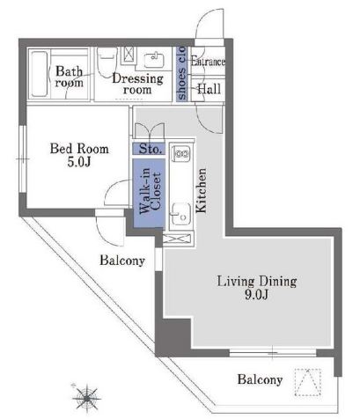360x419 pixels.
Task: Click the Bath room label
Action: (70, 77)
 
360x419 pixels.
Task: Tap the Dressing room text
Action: (137, 84)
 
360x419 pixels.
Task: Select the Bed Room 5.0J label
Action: (79, 155)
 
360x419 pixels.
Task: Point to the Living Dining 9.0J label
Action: (257, 288)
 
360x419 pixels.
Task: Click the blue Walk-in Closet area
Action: (149, 193)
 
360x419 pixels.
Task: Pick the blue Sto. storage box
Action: (149, 149)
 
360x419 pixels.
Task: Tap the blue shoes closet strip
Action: (182, 74)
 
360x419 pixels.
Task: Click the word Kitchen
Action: (202, 190)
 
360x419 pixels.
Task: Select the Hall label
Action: (209, 89)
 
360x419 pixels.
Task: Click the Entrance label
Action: (208, 62)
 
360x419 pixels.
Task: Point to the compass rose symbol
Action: (86, 398)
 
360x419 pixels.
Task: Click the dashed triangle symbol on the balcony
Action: (307, 382)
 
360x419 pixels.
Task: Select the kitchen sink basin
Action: (181, 214)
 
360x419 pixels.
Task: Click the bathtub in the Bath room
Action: (40, 74)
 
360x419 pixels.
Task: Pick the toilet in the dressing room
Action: (107, 61)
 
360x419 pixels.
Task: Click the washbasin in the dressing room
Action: (154, 60)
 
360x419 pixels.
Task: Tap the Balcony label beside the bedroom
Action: (122, 261)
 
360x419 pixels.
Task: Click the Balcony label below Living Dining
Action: (260, 379)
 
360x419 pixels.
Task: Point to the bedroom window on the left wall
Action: (23, 159)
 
